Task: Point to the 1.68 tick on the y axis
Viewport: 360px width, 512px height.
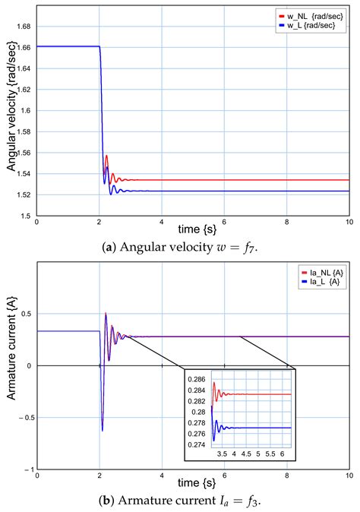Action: click(x=24, y=26)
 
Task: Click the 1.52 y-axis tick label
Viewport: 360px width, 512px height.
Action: click(x=24, y=195)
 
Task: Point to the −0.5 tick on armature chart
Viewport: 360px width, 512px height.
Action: click(x=22, y=418)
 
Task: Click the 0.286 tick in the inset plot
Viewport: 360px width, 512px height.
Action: click(x=198, y=379)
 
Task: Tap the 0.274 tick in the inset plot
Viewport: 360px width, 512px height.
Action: click(x=198, y=444)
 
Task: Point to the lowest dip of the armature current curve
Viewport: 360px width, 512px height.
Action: click(x=102, y=431)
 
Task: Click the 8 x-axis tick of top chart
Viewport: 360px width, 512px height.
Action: click(x=286, y=221)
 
